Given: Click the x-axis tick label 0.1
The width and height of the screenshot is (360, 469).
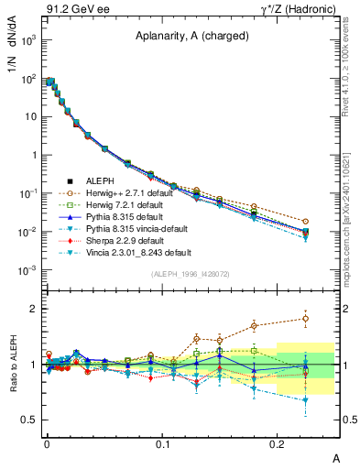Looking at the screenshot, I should pyautogui.click(x=162, y=443).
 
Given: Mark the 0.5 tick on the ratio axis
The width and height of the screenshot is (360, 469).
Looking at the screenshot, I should pyautogui.click(x=28, y=420).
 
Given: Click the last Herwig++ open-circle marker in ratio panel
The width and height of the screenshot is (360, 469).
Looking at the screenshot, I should pyautogui.click(x=305, y=319).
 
